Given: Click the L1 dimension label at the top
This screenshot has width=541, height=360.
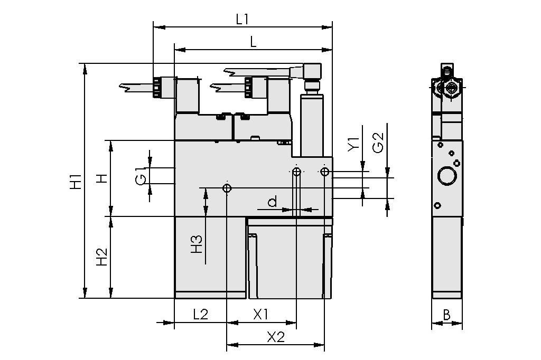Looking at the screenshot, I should point(242,19).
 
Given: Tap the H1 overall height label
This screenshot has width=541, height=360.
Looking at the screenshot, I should point(76,181).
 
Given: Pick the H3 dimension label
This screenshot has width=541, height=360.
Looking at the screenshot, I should point(197,243).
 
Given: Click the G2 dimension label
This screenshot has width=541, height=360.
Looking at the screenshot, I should point(378,143).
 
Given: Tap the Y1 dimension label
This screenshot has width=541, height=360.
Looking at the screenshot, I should point(353,144).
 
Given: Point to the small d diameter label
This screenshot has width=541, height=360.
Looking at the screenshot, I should point(273,202).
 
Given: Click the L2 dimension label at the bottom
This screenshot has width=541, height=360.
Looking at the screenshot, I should point(200,315).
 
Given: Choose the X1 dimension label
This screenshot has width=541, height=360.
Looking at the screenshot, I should point(261,315).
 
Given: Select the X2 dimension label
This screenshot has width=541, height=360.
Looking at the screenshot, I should point(275,337).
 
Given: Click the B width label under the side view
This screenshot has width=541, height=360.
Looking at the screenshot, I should point(446,316).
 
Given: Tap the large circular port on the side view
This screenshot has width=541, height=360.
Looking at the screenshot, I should point(447,175).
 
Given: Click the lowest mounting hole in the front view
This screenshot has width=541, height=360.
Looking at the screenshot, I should point(227,188).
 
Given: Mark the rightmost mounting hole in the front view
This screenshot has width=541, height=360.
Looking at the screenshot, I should point(324,172).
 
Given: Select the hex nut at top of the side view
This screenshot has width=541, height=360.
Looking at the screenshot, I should point(451,89).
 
